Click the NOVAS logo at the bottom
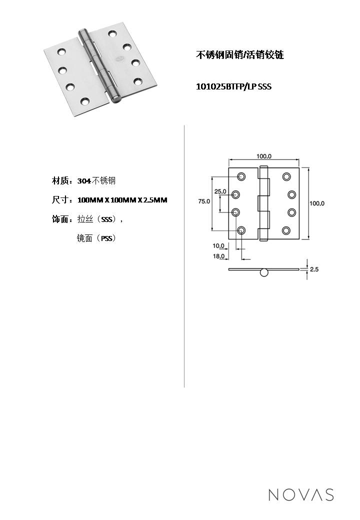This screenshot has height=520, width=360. (x=301, y=495)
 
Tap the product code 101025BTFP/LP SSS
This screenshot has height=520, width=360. (x=233, y=86)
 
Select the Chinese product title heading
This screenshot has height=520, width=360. (x=240, y=54)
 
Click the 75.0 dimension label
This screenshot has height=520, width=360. (x=204, y=201)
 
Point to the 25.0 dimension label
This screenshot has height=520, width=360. (x=220, y=191)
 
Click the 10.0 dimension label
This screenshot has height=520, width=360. (x=218, y=245)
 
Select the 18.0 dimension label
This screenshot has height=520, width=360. (x=219, y=256)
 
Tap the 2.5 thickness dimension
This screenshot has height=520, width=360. (x=314, y=269)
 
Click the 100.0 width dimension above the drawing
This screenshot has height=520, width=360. (x=264, y=156)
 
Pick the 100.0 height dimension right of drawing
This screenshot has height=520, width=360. (x=317, y=203)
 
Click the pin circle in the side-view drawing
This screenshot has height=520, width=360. (x=264, y=272)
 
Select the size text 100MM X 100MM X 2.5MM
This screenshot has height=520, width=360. (x=122, y=200)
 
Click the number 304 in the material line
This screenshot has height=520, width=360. (x=84, y=180)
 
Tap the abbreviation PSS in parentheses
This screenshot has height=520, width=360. (x=106, y=238)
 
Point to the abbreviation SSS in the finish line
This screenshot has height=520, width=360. (x=106, y=219)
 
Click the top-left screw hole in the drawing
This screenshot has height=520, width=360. (x=241, y=176)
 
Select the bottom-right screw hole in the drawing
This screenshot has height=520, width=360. (x=286, y=230)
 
